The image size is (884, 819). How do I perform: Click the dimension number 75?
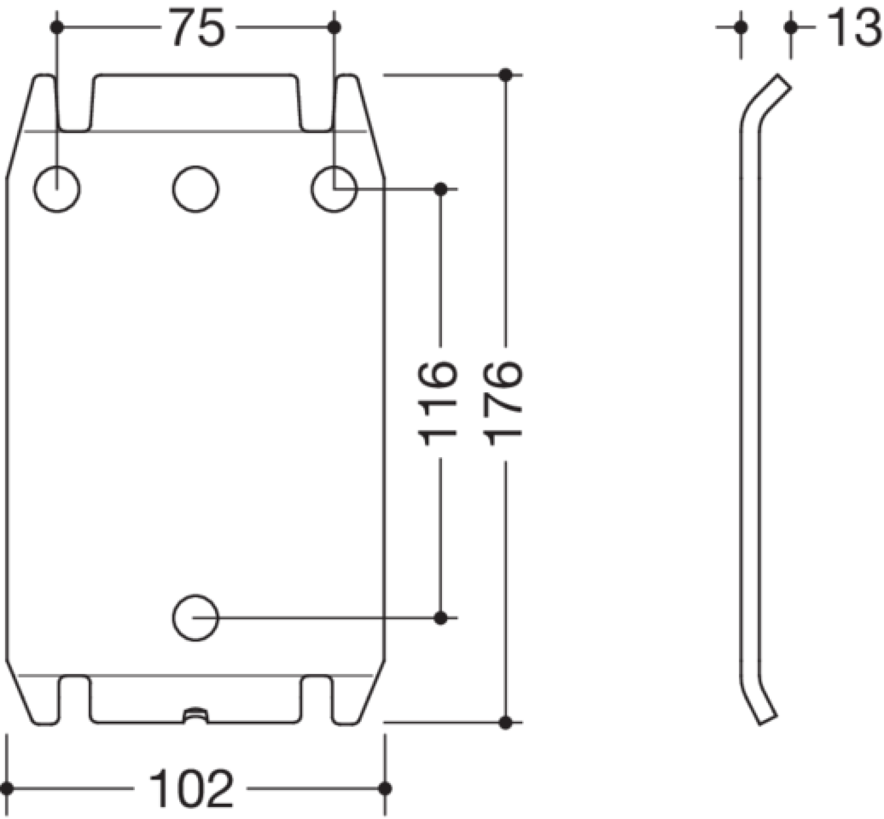click(x=197, y=28)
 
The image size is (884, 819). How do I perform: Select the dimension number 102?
click(x=192, y=789)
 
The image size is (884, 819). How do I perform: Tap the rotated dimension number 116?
click(x=437, y=403)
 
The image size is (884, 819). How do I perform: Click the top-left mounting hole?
click(x=57, y=189)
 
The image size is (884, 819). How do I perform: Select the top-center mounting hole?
click(x=196, y=189)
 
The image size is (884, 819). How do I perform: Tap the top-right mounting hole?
click(x=334, y=189)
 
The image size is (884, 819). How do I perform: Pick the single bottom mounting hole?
click(x=196, y=618)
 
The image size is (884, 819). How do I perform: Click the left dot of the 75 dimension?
click(x=57, y=28)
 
